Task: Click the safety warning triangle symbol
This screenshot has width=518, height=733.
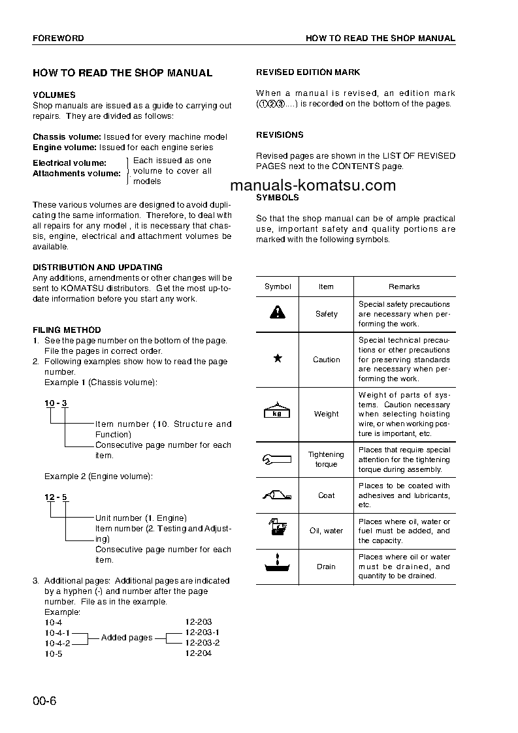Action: pyautogui.click(x=277, y=313)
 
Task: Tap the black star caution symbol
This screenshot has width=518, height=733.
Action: pyautogui.click(x=277, y=359)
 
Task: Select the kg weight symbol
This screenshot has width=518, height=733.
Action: pyautogui.click(x=277, y=413)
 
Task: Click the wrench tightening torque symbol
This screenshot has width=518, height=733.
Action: pyautogui.click(x=277, y=459)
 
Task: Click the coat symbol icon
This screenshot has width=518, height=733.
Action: pyautogui.click(x=277, y=495)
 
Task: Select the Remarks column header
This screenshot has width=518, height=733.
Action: pyautogui.click(x=404, y=287)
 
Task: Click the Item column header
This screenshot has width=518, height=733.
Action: pyautogui.click(x=326, y=287)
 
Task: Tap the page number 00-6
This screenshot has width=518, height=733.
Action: pyautogui.click(x=45, y=702)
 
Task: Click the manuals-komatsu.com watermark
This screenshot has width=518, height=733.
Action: pyautogui.click(x=313, y=185)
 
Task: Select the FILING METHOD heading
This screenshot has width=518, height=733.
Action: pyautogui.click(x=67, y=330)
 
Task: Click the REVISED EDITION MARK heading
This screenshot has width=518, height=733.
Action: pyautogui.click(x=308, y=72)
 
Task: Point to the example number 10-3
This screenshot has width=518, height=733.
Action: pyautogui.click(x=56, y=403)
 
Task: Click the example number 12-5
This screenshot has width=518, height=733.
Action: pyautogui.click(x=56, y=497)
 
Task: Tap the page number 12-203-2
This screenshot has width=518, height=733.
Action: pyautogui.click(x=202, y=643)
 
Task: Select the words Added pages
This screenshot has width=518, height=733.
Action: pyautogui.click(x=127, y=638)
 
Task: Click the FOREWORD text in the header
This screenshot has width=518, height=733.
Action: pyautogui.click(x=58, y=39)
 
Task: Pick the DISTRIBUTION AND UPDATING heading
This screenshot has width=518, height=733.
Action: pyautogui.click(x=97, y=268)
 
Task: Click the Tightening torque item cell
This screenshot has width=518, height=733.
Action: pyautogui.click(x=326, y=459)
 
